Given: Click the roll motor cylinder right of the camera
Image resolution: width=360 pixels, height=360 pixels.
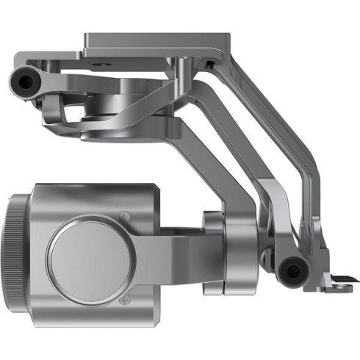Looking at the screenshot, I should click(x=215, y=253).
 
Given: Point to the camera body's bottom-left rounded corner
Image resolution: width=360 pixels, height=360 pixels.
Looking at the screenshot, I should click(x=44, y=309).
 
